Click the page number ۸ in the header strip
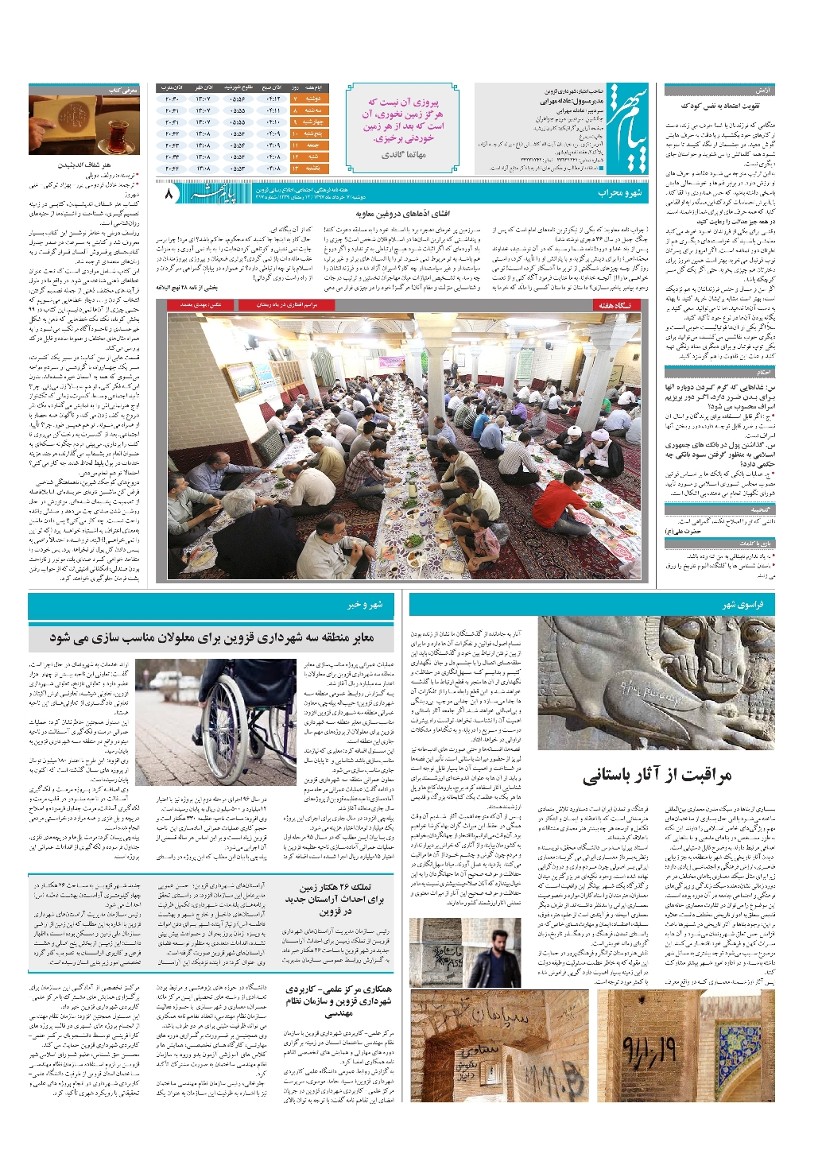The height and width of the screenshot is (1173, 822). pos(169,193)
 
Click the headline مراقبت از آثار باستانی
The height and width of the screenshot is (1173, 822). pos(656,775)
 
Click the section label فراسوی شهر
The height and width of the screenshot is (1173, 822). pos(742,605)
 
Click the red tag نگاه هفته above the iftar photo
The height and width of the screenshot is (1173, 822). pos(615,305)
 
